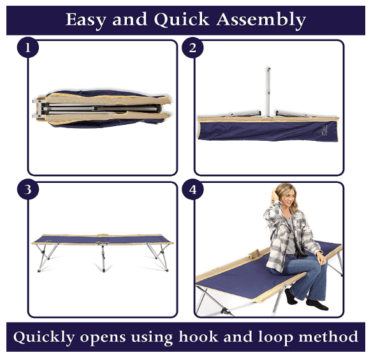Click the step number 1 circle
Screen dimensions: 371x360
[27, 48]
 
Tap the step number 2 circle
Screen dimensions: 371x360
[193, 48]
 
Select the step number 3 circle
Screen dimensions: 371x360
[27, 189]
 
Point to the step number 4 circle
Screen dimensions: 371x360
[193, 189]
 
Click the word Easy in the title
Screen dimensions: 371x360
[85, 20]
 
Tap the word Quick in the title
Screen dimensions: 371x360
[182, 19]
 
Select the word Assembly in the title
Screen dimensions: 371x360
[261, 20]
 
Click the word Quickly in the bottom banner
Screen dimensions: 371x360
[44, 337]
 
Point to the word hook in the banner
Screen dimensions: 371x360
[198, 336]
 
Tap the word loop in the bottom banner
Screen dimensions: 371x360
[275, 337]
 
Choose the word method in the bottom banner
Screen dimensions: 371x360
[328, 336]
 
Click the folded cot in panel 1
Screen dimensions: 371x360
[101, 109]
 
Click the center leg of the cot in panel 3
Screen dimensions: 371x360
[103, 258]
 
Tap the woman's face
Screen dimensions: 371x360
[287, 198]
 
